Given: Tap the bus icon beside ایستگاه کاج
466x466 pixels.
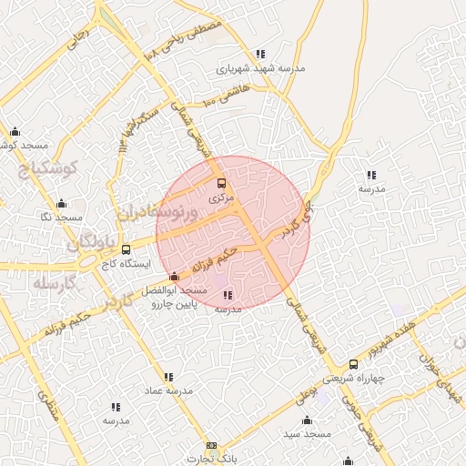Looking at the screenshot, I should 126,248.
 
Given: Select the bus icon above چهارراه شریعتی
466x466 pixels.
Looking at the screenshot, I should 353,364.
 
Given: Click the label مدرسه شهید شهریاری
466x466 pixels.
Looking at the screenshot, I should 260,68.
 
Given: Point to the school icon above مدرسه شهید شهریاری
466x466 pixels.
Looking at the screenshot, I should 261,54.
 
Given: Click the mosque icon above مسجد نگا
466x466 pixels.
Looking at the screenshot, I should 61,204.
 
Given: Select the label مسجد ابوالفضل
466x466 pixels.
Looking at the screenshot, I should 175,290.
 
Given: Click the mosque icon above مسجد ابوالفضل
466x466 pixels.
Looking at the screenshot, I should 174,276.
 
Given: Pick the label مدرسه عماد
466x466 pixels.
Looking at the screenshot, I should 168,390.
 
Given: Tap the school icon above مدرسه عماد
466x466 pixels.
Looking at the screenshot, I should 168,376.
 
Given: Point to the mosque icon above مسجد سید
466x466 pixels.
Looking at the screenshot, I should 307,420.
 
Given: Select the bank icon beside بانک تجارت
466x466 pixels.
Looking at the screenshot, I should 212,446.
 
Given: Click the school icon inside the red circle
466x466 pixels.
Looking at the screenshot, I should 227,295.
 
